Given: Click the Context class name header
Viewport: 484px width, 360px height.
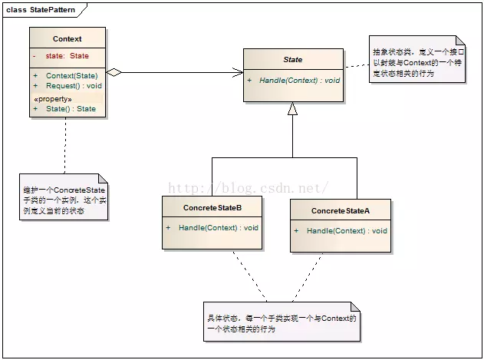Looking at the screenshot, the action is click(x=67, y=39).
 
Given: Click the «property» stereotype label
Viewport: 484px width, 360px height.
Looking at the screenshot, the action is click(x=53, y=99).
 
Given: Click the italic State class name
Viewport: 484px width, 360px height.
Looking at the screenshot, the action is click(x=293, y=60).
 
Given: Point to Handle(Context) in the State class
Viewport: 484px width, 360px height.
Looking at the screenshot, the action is click(x=288, y=81).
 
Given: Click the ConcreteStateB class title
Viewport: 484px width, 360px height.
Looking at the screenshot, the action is click(x=212, y=208).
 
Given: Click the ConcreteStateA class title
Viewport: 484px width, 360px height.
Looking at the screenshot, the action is click(x=341, y=211).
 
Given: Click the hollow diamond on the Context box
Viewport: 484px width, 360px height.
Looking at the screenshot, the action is click(x=114, y=72).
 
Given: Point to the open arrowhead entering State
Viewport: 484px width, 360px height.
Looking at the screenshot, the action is click(x=238, y=73).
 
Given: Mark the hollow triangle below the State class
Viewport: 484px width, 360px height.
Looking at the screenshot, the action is click(x=292, y=109).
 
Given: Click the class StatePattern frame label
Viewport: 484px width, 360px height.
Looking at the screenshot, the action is click(x=41, y=10).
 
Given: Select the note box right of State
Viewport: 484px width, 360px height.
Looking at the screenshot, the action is click(x=417, y=59).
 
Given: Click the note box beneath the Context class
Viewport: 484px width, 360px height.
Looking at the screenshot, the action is click(x=64, y=197).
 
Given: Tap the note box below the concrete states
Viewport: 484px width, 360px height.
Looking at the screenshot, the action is click(x=282, y=322).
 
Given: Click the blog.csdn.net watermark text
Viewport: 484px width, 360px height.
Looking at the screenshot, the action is click(x=249, y=188).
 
